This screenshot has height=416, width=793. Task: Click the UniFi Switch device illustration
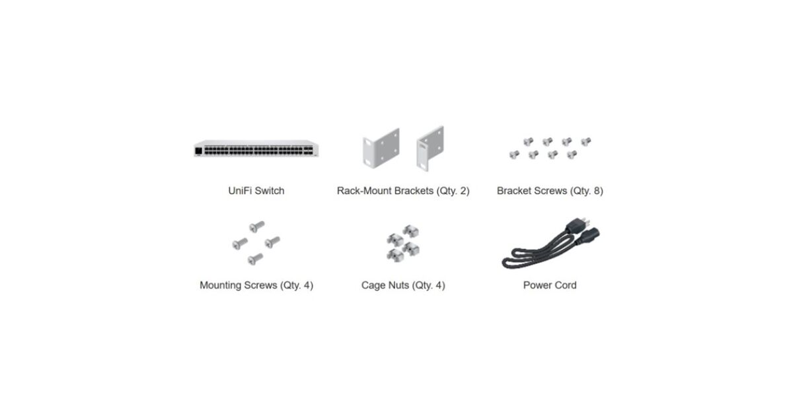(256, 149)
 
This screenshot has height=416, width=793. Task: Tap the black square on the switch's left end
(199, 151)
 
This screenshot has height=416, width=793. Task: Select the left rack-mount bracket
(381, 148)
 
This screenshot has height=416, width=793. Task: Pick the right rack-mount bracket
(430, 148)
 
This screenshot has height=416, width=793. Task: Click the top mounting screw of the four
(257, 226)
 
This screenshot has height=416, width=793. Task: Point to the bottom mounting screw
(255, 259)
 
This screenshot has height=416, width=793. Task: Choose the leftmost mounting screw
(240, 244)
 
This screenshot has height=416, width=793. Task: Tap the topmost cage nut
(410, 231)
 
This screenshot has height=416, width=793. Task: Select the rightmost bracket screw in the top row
(586, 142)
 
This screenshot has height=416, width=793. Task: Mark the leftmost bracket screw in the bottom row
(514, 155)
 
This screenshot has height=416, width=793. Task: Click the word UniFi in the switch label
(240, 191)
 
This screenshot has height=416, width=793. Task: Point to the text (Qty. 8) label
(587, 191)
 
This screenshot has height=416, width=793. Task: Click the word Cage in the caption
(373, 285)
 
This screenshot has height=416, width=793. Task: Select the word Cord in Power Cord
(565, 285)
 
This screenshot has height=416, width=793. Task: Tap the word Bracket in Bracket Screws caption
(514, 191)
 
